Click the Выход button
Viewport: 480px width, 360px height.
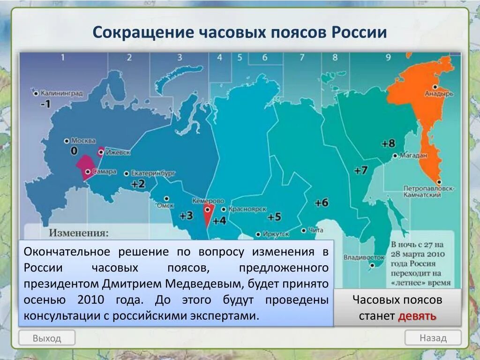tap(47, 338)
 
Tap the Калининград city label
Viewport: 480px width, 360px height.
tap(61, 93)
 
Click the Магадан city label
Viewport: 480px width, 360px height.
tap(412, 156)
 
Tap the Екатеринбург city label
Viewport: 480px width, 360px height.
tap(153, 173)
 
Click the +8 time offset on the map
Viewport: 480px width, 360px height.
tap(389, 143)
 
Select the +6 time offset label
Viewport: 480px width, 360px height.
tap(322, 202)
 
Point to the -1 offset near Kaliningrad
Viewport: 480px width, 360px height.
tap(45, 104)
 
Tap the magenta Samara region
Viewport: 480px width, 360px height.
tap(86, 166)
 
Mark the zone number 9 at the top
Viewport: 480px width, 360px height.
tap(388, 58)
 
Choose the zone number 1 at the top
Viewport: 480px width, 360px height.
tap(62, 58)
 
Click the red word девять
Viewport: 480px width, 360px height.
tap(417, 316)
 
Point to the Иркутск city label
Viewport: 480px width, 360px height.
tap(277, 233)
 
